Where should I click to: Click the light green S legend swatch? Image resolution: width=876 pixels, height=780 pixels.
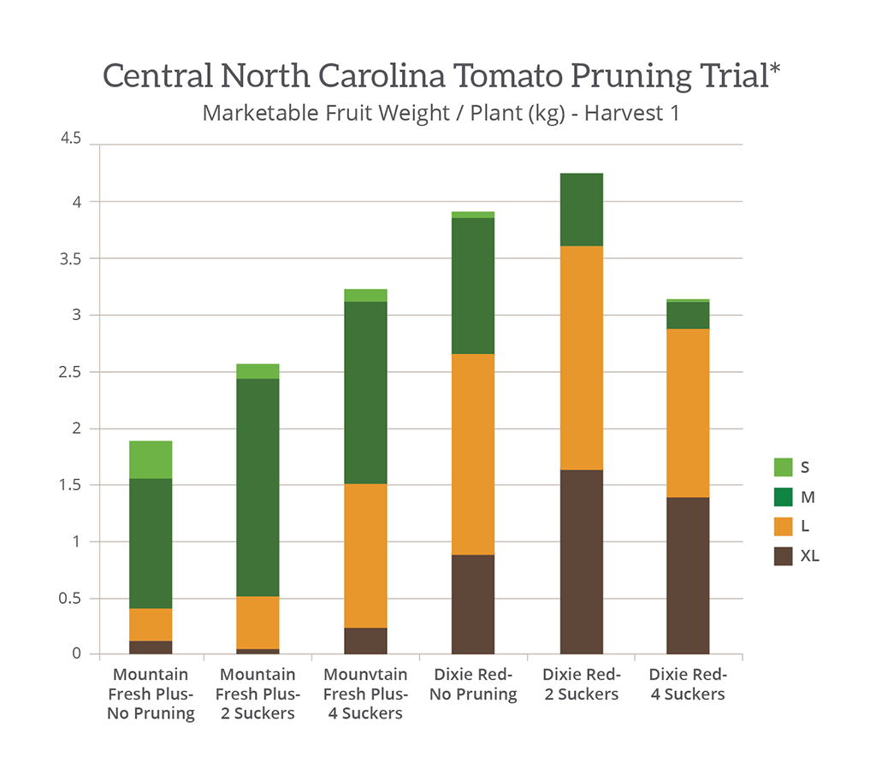pyautogui.click(x=783, y=467)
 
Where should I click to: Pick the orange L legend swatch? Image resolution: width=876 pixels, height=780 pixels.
pyautogui.click(x=783, y=526)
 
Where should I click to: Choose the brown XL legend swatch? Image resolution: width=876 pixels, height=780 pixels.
pyautogui.click(x=783, y=556)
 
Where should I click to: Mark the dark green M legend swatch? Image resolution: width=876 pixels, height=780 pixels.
pyautogui.click(x=783, y=497)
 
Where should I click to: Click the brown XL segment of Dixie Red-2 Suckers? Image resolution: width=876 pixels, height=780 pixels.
pyautogui.click(x=581, y=562)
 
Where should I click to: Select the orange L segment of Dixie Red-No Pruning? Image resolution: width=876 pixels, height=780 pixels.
pyautogui.click(x=473, y=454)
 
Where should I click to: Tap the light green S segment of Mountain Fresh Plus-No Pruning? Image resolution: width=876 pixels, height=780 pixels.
pyautogui.click(x=151, y=459)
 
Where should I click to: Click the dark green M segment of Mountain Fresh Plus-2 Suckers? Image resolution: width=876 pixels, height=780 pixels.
pyautogui.click(x=257, y=487)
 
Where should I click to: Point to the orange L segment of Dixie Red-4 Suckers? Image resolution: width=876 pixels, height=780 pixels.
pyautogui.click(x=688, y=412)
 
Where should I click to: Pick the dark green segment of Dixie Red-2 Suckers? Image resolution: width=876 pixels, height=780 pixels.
pyautogui.click(x=581, y=210)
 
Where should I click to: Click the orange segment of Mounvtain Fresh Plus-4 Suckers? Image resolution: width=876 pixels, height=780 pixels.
pyautogui.click(x=365, y=555)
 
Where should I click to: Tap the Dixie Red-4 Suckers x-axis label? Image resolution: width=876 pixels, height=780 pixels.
pyautogui.click(x=688, y=684)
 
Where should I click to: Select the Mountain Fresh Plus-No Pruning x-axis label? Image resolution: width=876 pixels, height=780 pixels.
pyautogui.click(x=151, y=694)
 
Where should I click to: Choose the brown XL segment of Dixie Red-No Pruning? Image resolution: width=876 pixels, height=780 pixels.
pyautogui.click(x=473, y=604)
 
